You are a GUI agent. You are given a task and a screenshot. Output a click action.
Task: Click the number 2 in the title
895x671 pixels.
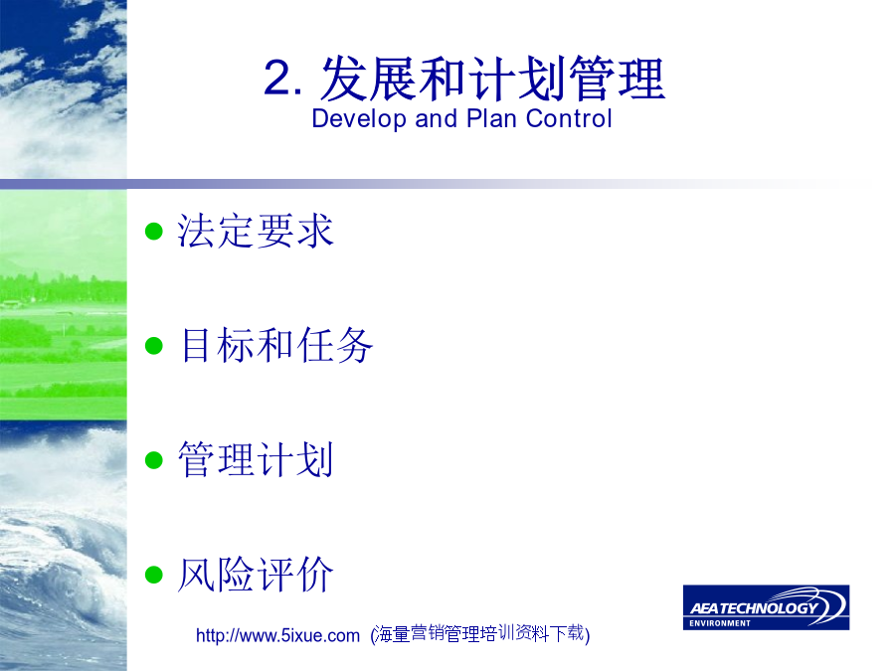pyautogui.click(x=281, y=79)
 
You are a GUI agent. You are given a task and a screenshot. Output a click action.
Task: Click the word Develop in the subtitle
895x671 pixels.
pyautogui.click(x=359, y=119)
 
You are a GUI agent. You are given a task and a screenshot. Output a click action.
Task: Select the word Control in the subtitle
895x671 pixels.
pyautogui.click(x=569, y=118)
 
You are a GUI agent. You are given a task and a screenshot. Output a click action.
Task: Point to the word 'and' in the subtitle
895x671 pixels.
pyautogui.click(x=437, y=118)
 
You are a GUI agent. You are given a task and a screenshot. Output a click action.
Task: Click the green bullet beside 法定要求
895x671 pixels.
pyautogui.click(x=154, y=231)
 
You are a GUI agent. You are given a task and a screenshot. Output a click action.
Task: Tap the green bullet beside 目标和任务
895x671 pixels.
pyautogui.click(x=154, y=346)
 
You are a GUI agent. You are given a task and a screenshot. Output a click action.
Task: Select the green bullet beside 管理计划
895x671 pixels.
pyautogui.click(x=154, y=460)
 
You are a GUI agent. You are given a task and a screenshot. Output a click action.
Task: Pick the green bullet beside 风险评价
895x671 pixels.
pyautogui.click(x=154, y=575)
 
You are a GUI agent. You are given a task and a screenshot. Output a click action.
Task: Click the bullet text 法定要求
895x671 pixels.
pyautogui.click(x=256, y=231)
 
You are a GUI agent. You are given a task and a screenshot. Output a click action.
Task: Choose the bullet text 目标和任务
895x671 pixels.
pyautogui.click(x=275, y=346)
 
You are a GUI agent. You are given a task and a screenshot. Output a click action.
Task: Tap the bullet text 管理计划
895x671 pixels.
pyautogui.click(x=256, y=460)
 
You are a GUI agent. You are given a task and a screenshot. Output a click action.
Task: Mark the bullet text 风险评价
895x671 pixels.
pyautogui.click(x=256, y=575)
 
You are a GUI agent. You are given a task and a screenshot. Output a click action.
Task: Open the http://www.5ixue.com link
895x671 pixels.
pyautogui.click(x=278, y=635)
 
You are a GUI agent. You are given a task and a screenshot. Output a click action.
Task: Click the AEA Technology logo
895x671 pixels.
pyautogui.click(x=766, y=607)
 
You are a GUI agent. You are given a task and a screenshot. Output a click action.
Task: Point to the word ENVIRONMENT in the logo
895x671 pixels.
pyautogui.click(x=720, y=623)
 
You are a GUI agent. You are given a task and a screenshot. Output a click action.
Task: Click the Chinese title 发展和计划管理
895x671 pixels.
pyautogui.click(x=492, y=79)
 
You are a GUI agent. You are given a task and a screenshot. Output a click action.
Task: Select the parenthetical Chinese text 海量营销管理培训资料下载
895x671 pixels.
pyautogui.click(x=480, y=633)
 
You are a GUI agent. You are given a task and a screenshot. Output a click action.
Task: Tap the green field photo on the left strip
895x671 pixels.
pyautogui.click(x=63, y=305)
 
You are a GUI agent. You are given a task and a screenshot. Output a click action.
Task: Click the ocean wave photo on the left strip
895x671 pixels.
pyautogui.click(x=63, y=546)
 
